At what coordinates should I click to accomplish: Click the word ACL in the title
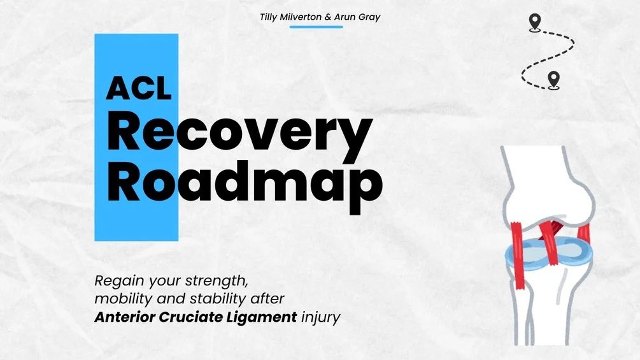(x=139, y=87)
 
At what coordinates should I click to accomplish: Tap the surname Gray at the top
(x=370, y=17)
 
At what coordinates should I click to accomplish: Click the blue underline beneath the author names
(x=316, y=27)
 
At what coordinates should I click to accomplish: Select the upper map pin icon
(x=534, y=22)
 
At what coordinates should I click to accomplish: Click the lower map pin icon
(x=553, y=80)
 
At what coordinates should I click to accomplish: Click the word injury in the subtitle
(x=322, y=317)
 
